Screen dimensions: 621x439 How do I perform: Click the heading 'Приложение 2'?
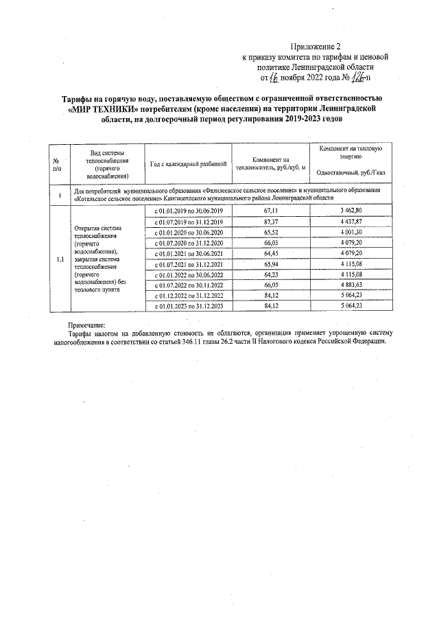point(315,47)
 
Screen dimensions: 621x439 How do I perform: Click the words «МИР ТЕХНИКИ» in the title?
point(99,108)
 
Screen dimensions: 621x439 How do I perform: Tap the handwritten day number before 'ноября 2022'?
point(272,79)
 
